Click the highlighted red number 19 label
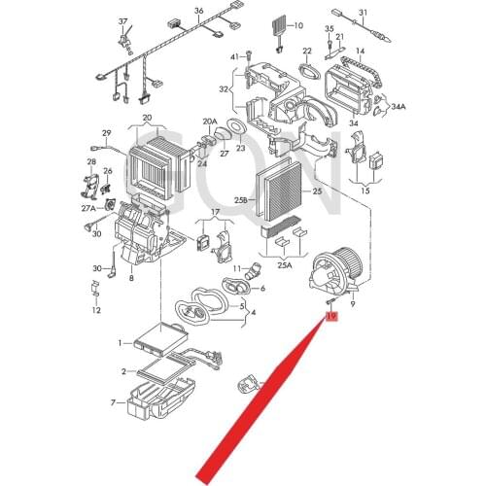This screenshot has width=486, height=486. pos(331,318)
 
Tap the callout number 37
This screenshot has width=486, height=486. pos(122,20)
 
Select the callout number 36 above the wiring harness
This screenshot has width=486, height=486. pos(198,11)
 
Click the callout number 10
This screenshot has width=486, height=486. pos(298,25)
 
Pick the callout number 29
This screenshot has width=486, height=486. pos(106,133)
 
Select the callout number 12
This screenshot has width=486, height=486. pos(95,311)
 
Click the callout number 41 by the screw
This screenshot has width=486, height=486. pos(234,57)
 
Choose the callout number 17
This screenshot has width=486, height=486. pos(216,212)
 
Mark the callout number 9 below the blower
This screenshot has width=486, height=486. pos(353,305)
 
